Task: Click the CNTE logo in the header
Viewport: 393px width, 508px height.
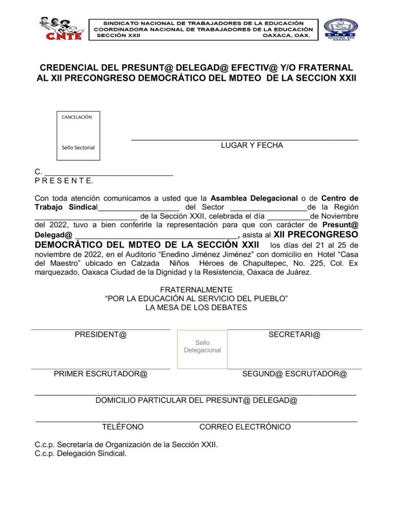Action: [x=61, y=28]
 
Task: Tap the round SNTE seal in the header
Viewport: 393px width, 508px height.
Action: [x=340, y=29]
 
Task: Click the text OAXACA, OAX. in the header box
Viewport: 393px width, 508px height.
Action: [x=287, y=36]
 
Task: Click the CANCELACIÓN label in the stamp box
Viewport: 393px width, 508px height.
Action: [x=77, y=117]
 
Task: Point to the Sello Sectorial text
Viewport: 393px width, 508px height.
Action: [x=78, y=148]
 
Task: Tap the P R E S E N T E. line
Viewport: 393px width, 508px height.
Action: [x=64, y=181]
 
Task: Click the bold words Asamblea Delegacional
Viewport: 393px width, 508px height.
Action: [x=254, y=198]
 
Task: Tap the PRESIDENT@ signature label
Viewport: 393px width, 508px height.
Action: [x=101, y=335]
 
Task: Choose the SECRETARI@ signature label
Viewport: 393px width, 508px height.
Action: [x=294, y=335]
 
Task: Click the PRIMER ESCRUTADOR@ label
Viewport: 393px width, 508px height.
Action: [x=101, y=374]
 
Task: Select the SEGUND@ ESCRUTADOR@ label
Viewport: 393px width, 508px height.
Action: [x=294, y=374]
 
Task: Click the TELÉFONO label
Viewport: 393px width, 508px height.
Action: [x=123, y=427]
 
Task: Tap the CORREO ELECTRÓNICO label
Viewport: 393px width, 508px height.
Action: [x=245, y=427]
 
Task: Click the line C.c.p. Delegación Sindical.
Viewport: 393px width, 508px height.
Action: [x=81, y=453]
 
